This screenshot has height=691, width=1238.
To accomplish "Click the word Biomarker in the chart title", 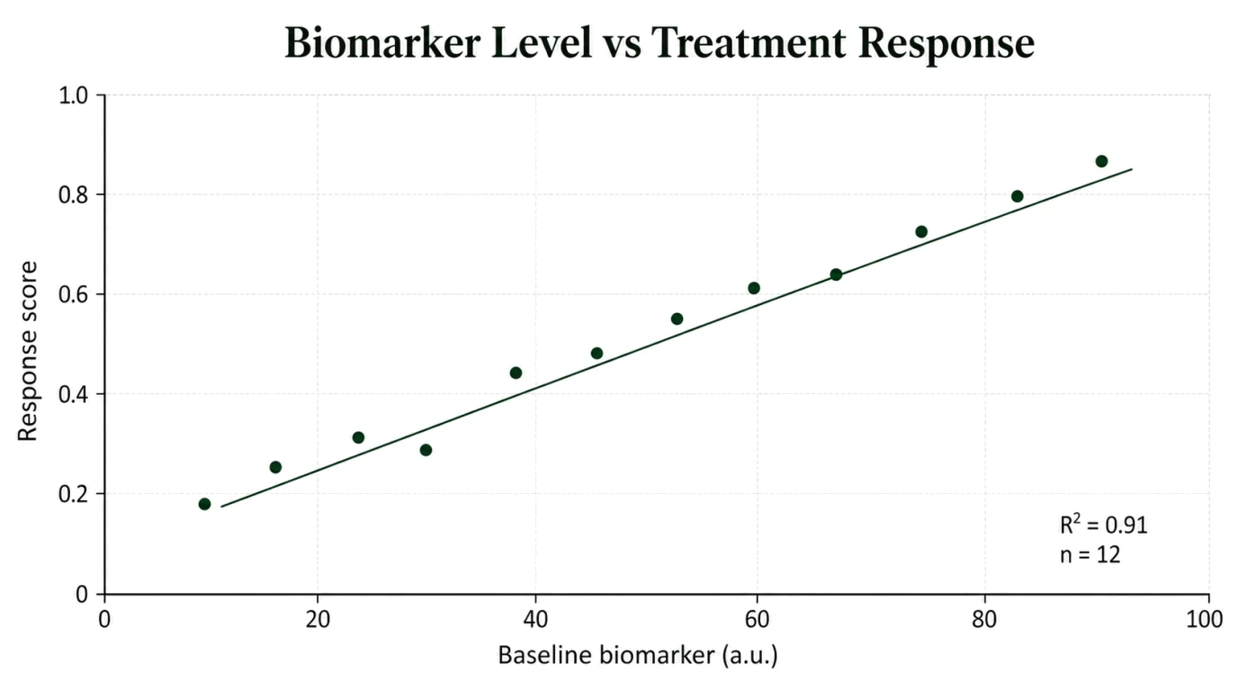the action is coord(382,43).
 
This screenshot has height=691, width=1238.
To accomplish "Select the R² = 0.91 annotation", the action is coord(1103,525).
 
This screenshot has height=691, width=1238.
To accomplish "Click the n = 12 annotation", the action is coord(1090,554).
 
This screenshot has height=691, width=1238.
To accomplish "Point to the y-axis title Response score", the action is coord(27,351).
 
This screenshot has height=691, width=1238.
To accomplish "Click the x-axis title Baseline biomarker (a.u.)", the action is coord(638,656).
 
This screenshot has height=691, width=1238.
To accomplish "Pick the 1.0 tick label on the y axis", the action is coord(74,95).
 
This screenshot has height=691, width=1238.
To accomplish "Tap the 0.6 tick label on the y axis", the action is coord(74,294).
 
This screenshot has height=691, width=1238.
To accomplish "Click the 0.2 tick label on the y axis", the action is coord(74,494).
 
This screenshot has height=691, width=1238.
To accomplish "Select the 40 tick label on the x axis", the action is coord(535,620).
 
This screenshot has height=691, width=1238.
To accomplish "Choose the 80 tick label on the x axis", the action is coord(985,620).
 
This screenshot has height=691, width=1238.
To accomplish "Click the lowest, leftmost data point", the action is coord(204,504).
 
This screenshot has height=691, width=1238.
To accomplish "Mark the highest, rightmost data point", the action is coord(1101,161).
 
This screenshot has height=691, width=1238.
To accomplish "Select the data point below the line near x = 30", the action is coord(426,450).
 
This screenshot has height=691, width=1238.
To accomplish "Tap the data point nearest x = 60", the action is coord(754,288).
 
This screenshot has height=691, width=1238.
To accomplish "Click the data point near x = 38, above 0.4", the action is coord(516,373).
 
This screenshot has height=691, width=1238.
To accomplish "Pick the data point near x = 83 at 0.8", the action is coord(1017,196).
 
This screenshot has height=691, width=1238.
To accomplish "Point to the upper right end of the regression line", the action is coord(1133,169).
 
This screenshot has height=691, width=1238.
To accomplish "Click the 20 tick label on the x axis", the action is coord(318,620).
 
